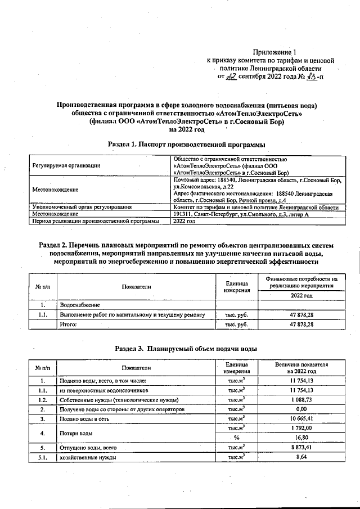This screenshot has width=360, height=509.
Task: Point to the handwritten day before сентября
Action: [x=229, y=76]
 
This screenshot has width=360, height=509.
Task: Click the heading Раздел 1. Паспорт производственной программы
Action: [x=186, y=145]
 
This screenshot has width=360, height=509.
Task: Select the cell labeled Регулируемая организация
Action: [x=66, y=166]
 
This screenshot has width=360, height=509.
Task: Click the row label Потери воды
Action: [x=76, y=433]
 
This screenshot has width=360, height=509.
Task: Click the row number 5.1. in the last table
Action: [x=42, y=458]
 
